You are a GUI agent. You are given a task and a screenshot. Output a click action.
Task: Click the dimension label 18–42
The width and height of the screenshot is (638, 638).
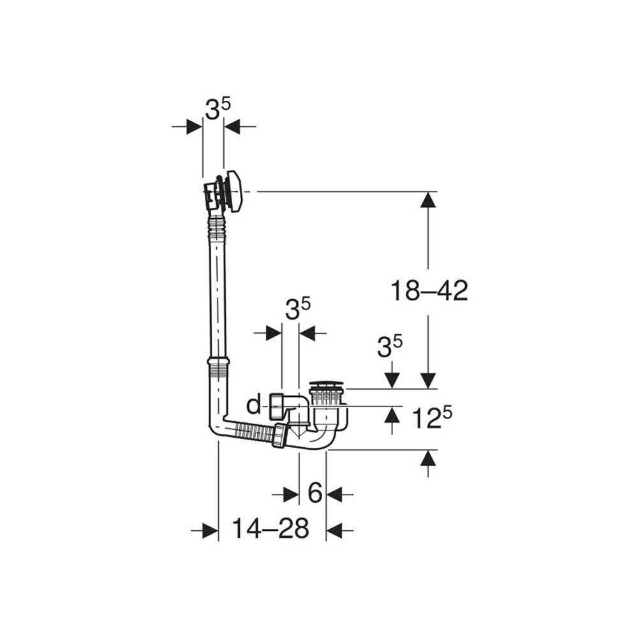429,290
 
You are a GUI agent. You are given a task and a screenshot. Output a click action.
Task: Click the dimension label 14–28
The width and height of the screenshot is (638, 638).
270,528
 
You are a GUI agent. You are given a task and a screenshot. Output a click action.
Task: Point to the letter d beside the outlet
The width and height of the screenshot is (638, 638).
254,405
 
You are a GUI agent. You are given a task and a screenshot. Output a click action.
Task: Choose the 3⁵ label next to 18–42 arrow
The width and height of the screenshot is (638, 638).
389,346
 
